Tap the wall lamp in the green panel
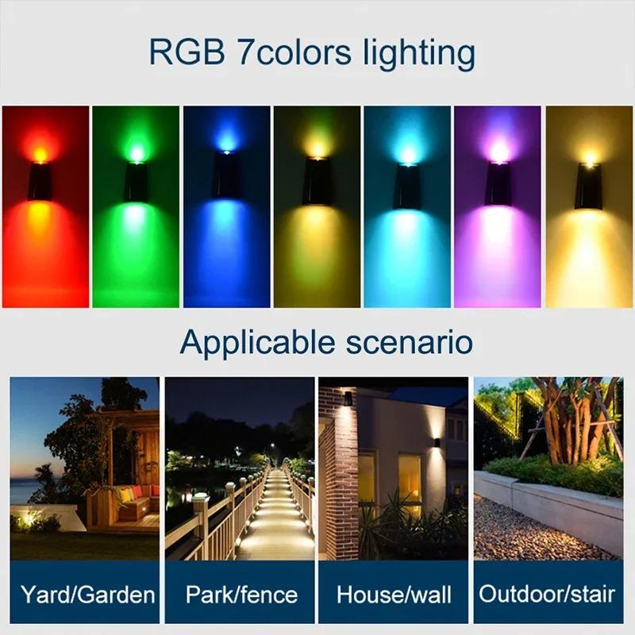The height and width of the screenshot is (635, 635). [136, 182]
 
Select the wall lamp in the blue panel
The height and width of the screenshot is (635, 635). [226, 179]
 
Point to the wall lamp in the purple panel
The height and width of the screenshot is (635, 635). [498, 184]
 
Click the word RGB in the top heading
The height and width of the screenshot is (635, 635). [186, 53]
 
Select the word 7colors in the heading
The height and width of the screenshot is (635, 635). [294, 53]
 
